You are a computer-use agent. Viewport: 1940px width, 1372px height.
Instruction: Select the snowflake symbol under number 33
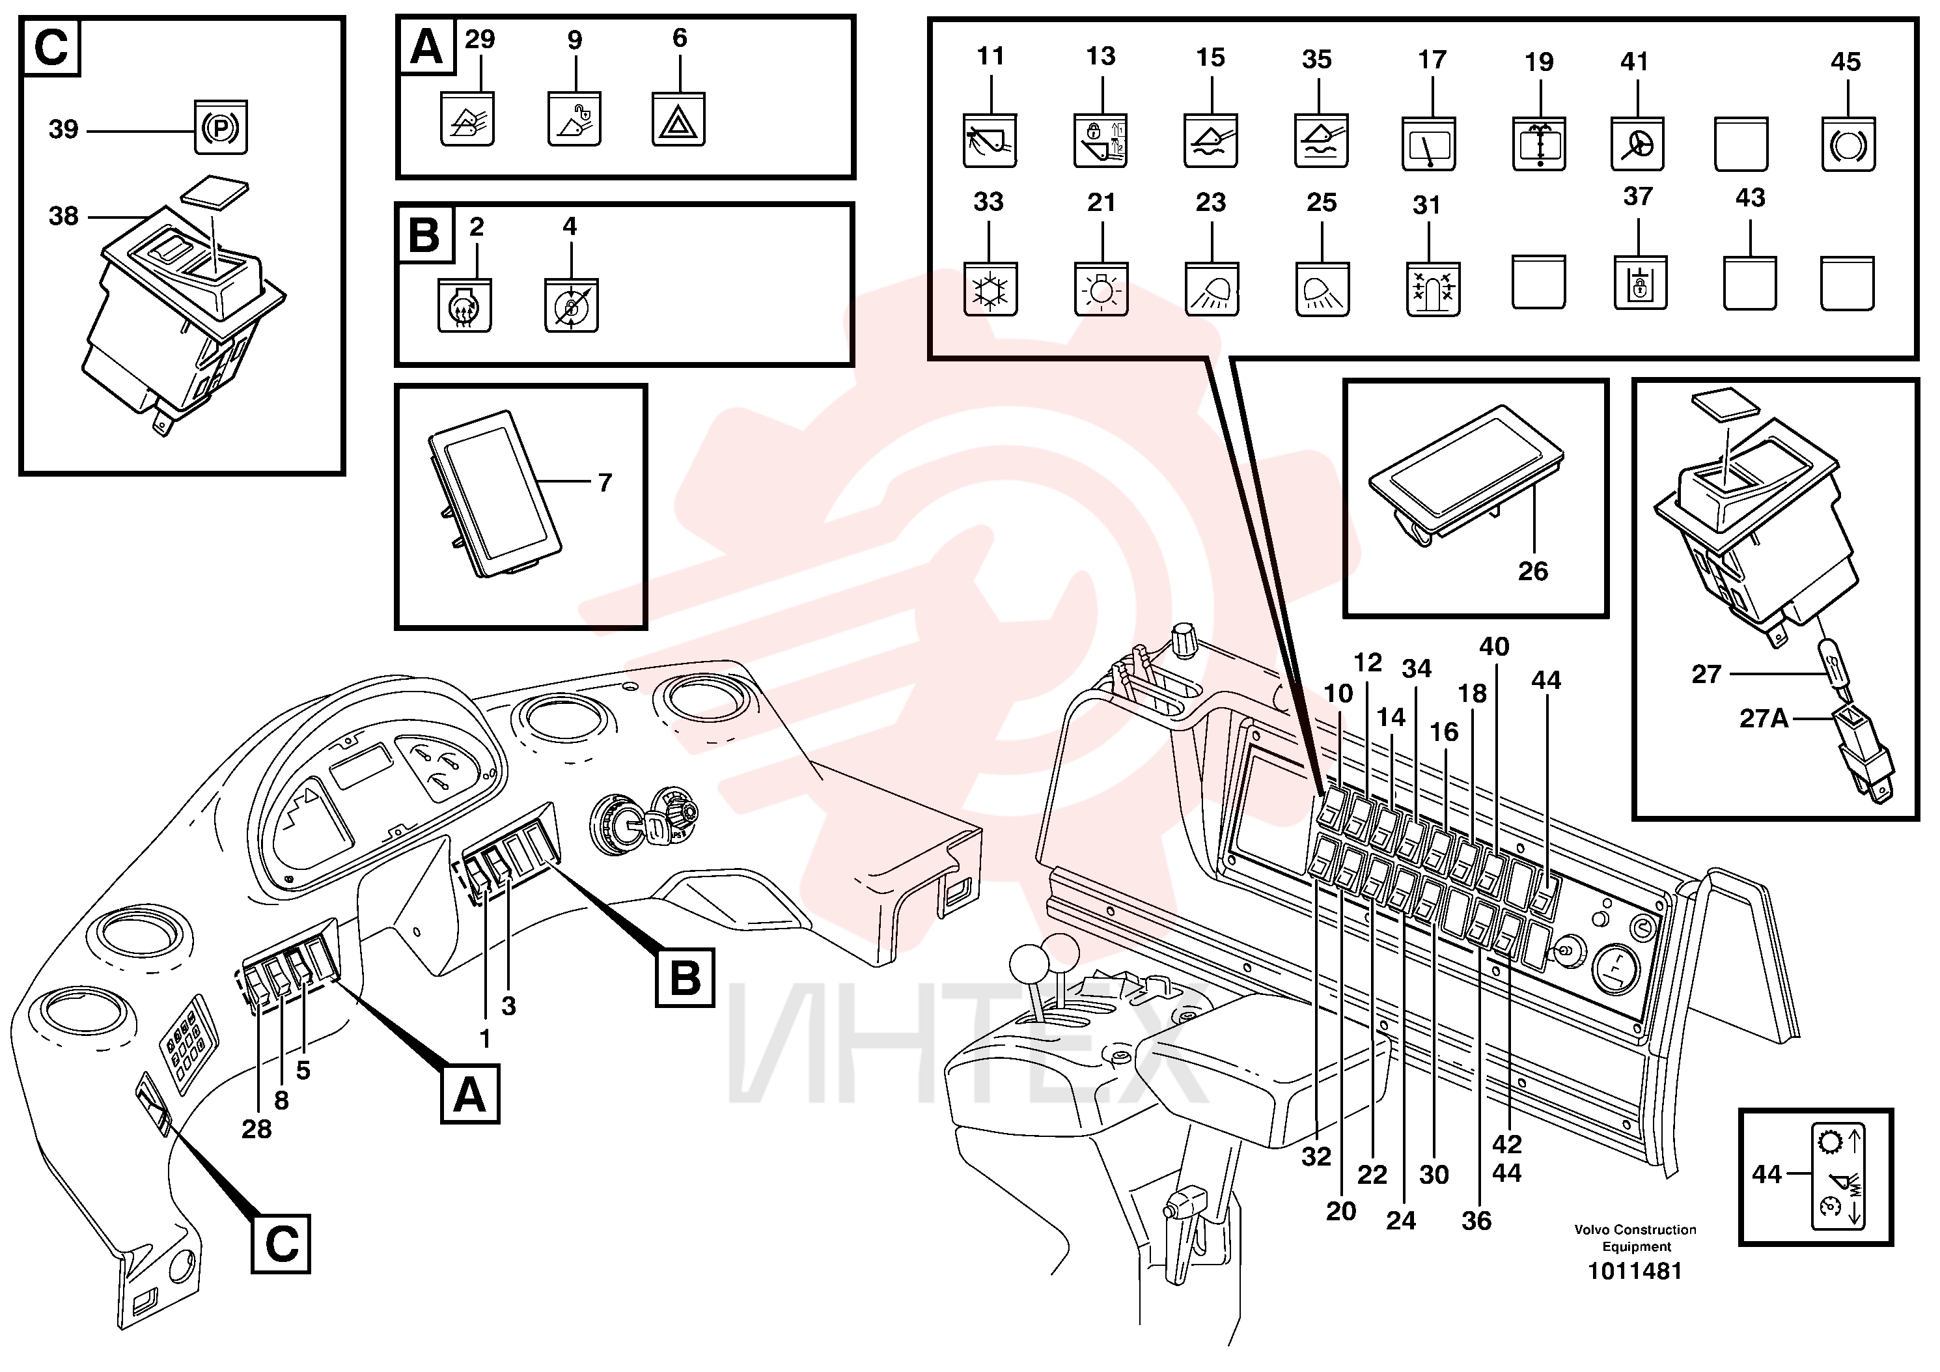(x=990, y=290)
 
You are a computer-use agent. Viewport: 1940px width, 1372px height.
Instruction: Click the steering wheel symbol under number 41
(x=1637, y=145)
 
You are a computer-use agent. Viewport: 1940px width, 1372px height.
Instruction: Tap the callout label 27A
(x=1764, y=718)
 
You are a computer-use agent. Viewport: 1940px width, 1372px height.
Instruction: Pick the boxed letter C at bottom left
(x=281, y=1244)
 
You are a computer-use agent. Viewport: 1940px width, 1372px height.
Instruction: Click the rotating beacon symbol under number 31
(x=1433, y=290)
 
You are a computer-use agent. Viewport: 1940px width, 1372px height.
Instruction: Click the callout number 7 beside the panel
(x=605, y=483)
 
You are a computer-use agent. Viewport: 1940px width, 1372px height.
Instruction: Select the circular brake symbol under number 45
(x=1848, y=145)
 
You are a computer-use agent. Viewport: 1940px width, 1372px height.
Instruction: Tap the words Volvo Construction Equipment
(x=1635, y=1238)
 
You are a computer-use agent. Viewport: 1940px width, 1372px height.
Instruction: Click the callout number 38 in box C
(x=63, y=216)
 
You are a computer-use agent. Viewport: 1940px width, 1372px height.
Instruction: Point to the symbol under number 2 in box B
(x=464, y=305)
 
